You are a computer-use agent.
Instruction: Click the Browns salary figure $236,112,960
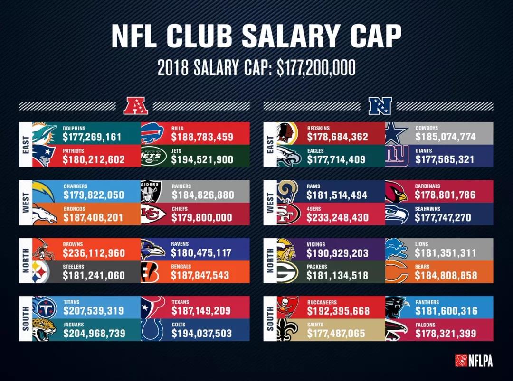point(94,253)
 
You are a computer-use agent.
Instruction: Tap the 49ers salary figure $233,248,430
point(337,217)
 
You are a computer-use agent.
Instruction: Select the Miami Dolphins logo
point(44,133)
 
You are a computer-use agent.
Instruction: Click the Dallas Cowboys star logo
point(397,133)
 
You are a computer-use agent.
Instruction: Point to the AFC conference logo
point(135,106)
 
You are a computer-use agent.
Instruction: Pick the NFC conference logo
point(380,106)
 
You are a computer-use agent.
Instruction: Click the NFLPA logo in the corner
point(474,361)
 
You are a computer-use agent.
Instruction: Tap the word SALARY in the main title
point(291,36)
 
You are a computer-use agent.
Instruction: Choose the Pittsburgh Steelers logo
point(44,272)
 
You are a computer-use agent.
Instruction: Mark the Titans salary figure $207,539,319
point(94,311)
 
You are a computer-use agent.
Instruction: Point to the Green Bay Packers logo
point(287,272)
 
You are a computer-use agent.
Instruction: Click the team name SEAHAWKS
point(427,209)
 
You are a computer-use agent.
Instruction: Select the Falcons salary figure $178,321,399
point(446,334)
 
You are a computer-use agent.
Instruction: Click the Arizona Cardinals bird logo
point(396,191)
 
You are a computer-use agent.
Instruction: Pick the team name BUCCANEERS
point(322,302)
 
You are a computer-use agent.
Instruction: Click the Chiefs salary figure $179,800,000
point(202,218)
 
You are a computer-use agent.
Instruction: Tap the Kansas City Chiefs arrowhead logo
point(153,214)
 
